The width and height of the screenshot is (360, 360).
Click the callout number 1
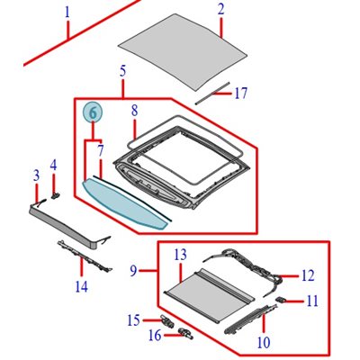pos(67,13)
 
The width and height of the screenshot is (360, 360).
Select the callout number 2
pos(220,10)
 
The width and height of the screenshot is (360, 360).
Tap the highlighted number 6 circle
pos(92,112)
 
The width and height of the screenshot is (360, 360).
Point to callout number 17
pos(240,92)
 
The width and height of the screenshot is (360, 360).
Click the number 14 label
pos(82,287)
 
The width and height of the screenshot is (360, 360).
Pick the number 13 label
pos(180,255)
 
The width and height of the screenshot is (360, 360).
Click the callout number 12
pos(307,275)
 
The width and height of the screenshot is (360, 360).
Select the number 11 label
pos(311,301)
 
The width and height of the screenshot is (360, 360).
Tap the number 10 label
pos(264,342)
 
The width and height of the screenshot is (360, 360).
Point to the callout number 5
pos(121,70)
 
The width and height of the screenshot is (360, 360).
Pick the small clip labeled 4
pos(55,191)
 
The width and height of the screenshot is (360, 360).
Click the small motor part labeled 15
pos(166,320)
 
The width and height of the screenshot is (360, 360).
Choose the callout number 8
pos(134,111)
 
